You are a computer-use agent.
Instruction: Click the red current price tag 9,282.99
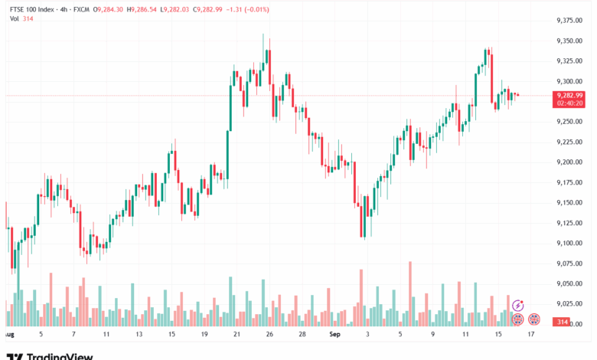click(x=571, y=95)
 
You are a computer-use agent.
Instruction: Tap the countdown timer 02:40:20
click(x=571, y=103)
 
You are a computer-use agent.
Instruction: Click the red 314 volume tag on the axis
click(x=563, y=323)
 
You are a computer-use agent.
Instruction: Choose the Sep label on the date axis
click(x=334, y=335)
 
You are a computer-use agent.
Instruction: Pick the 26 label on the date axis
click(x=270, y=335)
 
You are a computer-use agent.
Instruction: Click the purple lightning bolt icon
click(x=517, y=305)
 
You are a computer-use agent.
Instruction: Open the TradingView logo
click(x=49, y=355)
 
